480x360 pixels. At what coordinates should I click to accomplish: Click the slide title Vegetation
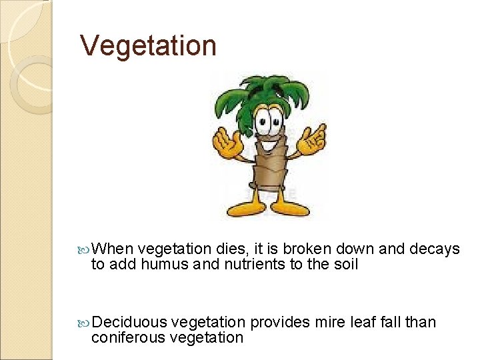[148, 46]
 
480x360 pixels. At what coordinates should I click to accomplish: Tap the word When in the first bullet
[113, 249]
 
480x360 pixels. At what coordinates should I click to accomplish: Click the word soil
[345, 265]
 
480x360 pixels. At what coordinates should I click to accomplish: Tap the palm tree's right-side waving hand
[312, 139]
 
